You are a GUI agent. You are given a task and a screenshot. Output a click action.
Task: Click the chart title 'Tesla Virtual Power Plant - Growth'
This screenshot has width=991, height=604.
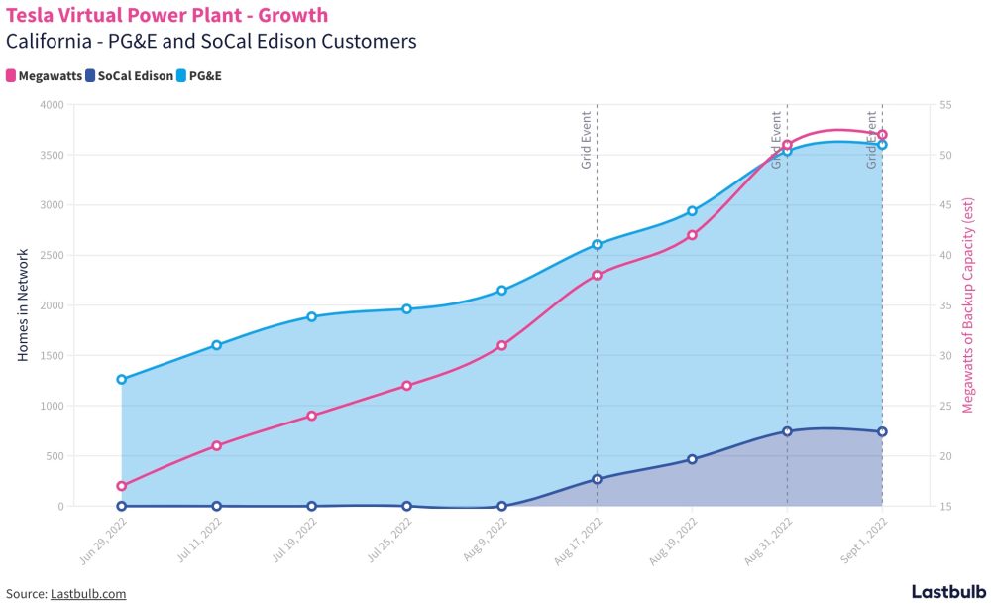(x=167, y=16)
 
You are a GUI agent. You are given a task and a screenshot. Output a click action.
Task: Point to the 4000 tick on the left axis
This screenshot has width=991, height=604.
(x=51, y=105)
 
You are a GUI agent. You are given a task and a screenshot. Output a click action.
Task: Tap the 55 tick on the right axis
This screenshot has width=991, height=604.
(x=944, y=105)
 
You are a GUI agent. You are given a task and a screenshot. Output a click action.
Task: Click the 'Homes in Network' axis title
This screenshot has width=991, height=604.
(x=23, y=305)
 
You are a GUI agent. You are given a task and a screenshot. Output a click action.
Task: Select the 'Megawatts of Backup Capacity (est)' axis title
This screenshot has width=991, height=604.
(x=969, y=305)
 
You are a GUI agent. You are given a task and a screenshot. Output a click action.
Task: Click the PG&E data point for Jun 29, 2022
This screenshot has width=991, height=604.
(x=122, y=379)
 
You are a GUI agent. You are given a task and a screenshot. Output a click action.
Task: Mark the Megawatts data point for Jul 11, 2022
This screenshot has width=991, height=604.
(x=217, y=445)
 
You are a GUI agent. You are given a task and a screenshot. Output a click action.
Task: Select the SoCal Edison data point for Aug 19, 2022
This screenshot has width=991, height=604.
(x=692, y=459)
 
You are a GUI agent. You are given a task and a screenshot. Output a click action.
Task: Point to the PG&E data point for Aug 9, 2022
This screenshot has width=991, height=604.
(x=502, y=290)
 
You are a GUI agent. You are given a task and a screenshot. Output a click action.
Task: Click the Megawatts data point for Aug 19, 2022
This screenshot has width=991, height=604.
(x=692, y=235)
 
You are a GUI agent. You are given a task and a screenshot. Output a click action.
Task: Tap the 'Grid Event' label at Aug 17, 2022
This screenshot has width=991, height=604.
(x=587, y=139)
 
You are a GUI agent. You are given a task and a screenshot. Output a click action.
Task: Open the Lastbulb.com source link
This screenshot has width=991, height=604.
(x=88, y=593)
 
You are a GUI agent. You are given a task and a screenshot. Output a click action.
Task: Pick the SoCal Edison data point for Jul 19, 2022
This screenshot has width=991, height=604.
(x=312, y=506)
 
